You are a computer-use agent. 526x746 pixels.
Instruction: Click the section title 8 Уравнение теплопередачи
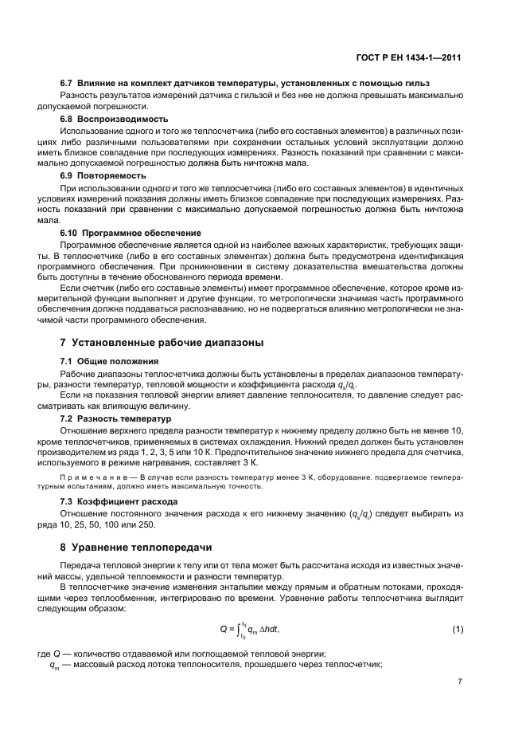click(150, 548)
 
